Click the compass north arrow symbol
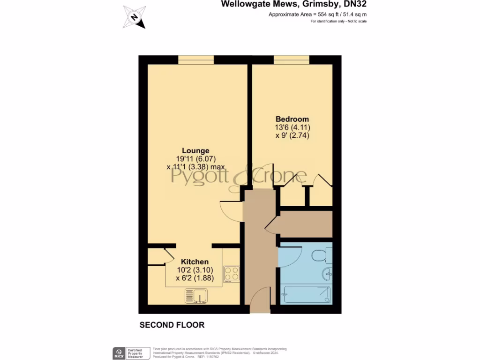click(x=135, y=17)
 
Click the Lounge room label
click(x=195, y=151)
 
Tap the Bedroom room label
click(x=292, y=119)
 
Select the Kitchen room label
click(x=195, y=262)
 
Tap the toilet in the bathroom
click(x=322, y=256)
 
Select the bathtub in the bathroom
click(x=306, y=294)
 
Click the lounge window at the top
click(x=196, y=60)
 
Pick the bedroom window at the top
click(x=292, y=60)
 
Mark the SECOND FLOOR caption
click(x=172, y=325)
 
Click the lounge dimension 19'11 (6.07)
click(x=195, y=159)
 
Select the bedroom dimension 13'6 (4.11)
click(x=292, y=127)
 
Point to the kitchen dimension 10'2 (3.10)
click(x=195, y=270)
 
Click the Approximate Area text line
click(x=317, y=15)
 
